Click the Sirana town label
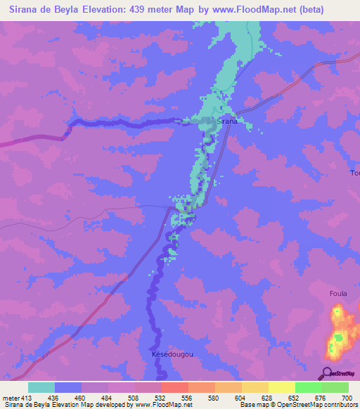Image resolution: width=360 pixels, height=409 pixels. point(226,122)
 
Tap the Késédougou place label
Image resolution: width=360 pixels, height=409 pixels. point(172,354)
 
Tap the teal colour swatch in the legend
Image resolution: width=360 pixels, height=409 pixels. point(41,387)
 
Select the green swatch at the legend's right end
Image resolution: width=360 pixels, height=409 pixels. point(335,387)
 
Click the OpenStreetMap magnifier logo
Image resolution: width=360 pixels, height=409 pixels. point(326,372)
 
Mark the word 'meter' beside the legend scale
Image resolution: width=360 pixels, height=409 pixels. point(11,398)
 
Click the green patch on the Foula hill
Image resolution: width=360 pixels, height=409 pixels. point(339,338)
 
